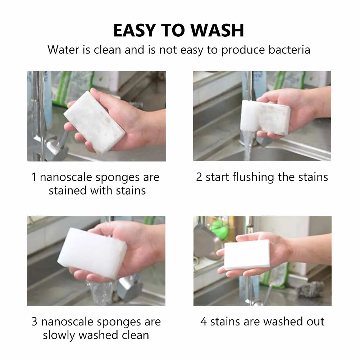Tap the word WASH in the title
[217, 31]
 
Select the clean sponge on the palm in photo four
[247, 255]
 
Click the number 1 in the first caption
[34, 177]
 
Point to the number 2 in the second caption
[199, 177]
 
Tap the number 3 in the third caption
[34, 322]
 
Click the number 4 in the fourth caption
[204, 321]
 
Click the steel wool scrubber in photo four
[310, 288]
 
